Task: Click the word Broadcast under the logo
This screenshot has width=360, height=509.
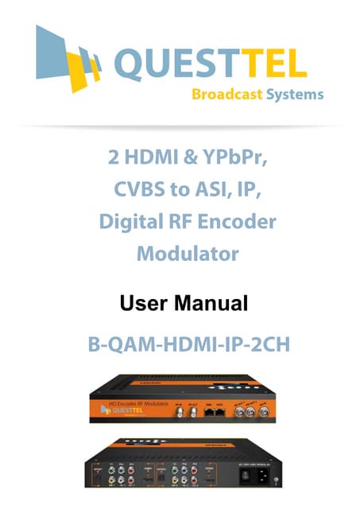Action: click(225, 95)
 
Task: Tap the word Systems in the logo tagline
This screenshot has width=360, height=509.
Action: click(295, 95)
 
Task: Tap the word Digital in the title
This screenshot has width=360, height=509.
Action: click(130, 222)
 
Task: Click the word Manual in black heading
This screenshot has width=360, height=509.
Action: click(211, 303)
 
